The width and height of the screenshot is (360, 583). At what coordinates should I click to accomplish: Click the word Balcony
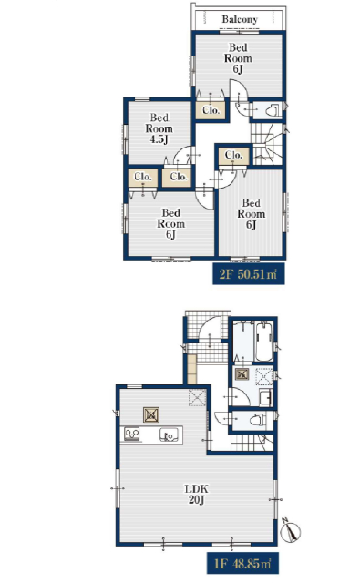[240, 19]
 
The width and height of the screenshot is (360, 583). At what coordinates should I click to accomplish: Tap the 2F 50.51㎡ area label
[249, 274]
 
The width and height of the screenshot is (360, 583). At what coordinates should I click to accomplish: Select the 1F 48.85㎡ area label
[242, 564]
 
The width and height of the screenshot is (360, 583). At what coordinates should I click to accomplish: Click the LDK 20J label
[197, 494]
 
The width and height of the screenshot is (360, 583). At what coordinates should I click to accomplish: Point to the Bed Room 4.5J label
[159, 128]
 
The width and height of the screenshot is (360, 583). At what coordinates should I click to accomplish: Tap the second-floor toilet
[272, 110]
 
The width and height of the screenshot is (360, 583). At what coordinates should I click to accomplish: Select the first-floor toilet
[257, 420]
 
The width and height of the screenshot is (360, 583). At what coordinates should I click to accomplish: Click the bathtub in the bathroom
[264, 342]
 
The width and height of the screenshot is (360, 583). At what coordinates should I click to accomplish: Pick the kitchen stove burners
[131, 435]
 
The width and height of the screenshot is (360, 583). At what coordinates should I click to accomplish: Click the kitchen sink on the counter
[170, 435]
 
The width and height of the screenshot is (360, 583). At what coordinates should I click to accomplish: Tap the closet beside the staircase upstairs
[234, 156]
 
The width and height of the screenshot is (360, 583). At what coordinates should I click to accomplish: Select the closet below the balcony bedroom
[211, 110]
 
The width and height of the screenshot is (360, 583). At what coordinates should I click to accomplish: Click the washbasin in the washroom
[265, 398]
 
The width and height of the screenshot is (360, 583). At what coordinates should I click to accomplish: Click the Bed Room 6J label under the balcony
[238, 58]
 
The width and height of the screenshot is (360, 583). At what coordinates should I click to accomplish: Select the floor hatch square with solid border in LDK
[151, 415]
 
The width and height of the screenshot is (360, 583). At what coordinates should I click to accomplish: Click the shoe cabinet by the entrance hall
[191, 369]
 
